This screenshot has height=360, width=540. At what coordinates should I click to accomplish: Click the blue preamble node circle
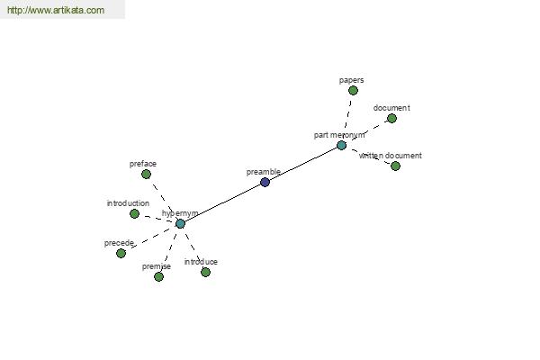click(x=265, y=182)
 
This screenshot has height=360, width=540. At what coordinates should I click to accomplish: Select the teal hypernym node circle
click(x=180, y=223)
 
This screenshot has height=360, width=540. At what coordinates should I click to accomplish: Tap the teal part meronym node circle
click(x=341, y=146)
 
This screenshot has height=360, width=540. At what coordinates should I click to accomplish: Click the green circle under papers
click(x=353, y=91)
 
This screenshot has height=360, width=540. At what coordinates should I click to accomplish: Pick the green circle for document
click(x=391, y=119)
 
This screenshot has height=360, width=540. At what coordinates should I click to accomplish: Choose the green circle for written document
click(x=395, y=166)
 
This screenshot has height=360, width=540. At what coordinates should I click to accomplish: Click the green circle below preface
click(x=146, y=175)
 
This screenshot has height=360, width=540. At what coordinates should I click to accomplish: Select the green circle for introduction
click(x=134, y=214)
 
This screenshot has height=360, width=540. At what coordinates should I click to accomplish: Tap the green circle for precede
click(x=121, y=254)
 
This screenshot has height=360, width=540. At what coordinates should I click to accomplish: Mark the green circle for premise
click(x=158, y=276)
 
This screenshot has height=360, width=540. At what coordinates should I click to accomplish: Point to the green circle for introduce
click(x=205, y=272)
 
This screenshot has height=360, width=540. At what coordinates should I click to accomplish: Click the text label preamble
click(x=264, y=172)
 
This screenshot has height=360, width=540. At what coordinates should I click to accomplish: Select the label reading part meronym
click(x=339, y=135)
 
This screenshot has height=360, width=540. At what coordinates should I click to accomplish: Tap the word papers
click(x=351, y=80)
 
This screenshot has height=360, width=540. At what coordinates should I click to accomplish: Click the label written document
click(x=391, y=156)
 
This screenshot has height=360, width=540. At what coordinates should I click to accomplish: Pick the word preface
click(x=143, y=164)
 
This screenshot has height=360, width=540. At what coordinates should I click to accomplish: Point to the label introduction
click(x=128, y=203)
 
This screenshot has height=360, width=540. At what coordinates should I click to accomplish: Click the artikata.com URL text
click(x=56, y=10)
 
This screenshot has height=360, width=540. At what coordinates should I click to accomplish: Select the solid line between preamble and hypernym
click(x=222, y=202)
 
